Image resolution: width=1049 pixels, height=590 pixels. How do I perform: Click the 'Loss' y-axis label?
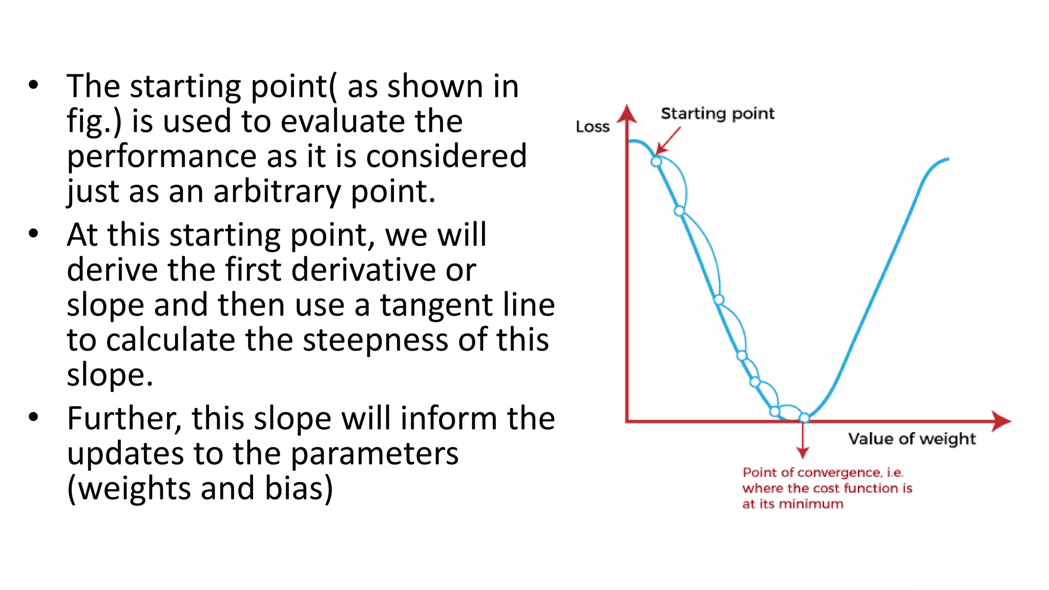(x=593, y=127)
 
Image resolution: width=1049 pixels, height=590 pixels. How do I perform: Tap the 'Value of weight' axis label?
(x=912, y=439)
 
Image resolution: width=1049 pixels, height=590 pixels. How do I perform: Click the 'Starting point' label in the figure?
(x=717, y=113)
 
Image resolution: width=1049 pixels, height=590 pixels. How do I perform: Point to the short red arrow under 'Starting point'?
(x=668, y=140)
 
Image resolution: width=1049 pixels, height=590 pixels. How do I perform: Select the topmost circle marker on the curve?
(x=656, y=162)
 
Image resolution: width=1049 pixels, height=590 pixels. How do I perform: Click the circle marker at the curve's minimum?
(x=804, y=417)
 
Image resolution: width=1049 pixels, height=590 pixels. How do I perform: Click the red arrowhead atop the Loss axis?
(x=627, y=114)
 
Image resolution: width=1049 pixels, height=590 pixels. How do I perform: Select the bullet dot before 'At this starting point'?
(x=34, y=234)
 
